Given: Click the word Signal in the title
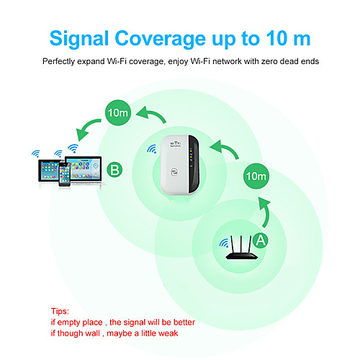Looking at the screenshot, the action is (x=79, y=39).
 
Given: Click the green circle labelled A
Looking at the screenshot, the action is (x=261, y=240).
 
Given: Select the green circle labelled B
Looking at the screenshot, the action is (x=114, y=170).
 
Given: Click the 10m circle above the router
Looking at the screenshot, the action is (x=256, y=176).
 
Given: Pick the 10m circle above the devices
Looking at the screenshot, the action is (x=118, y=112).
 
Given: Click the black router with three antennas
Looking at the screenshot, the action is (x=241, y=248).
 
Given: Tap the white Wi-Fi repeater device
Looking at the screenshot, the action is (x=180, y=165).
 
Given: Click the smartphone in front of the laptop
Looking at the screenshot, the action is (x=65, y=174).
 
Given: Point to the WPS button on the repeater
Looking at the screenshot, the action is (x=174, y=172).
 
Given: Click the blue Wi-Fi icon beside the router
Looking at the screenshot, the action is (x=224, y=243).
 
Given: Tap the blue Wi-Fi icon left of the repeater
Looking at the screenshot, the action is (x=152, y=149).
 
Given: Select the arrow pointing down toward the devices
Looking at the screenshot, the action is (x=87, y=128).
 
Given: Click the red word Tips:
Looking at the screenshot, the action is (x=60, y=311).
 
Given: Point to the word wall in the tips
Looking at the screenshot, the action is (x=93, y=333).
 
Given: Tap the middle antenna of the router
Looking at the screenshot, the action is (x=241, y=245).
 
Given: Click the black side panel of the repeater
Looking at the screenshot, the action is (x=194, y=164).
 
